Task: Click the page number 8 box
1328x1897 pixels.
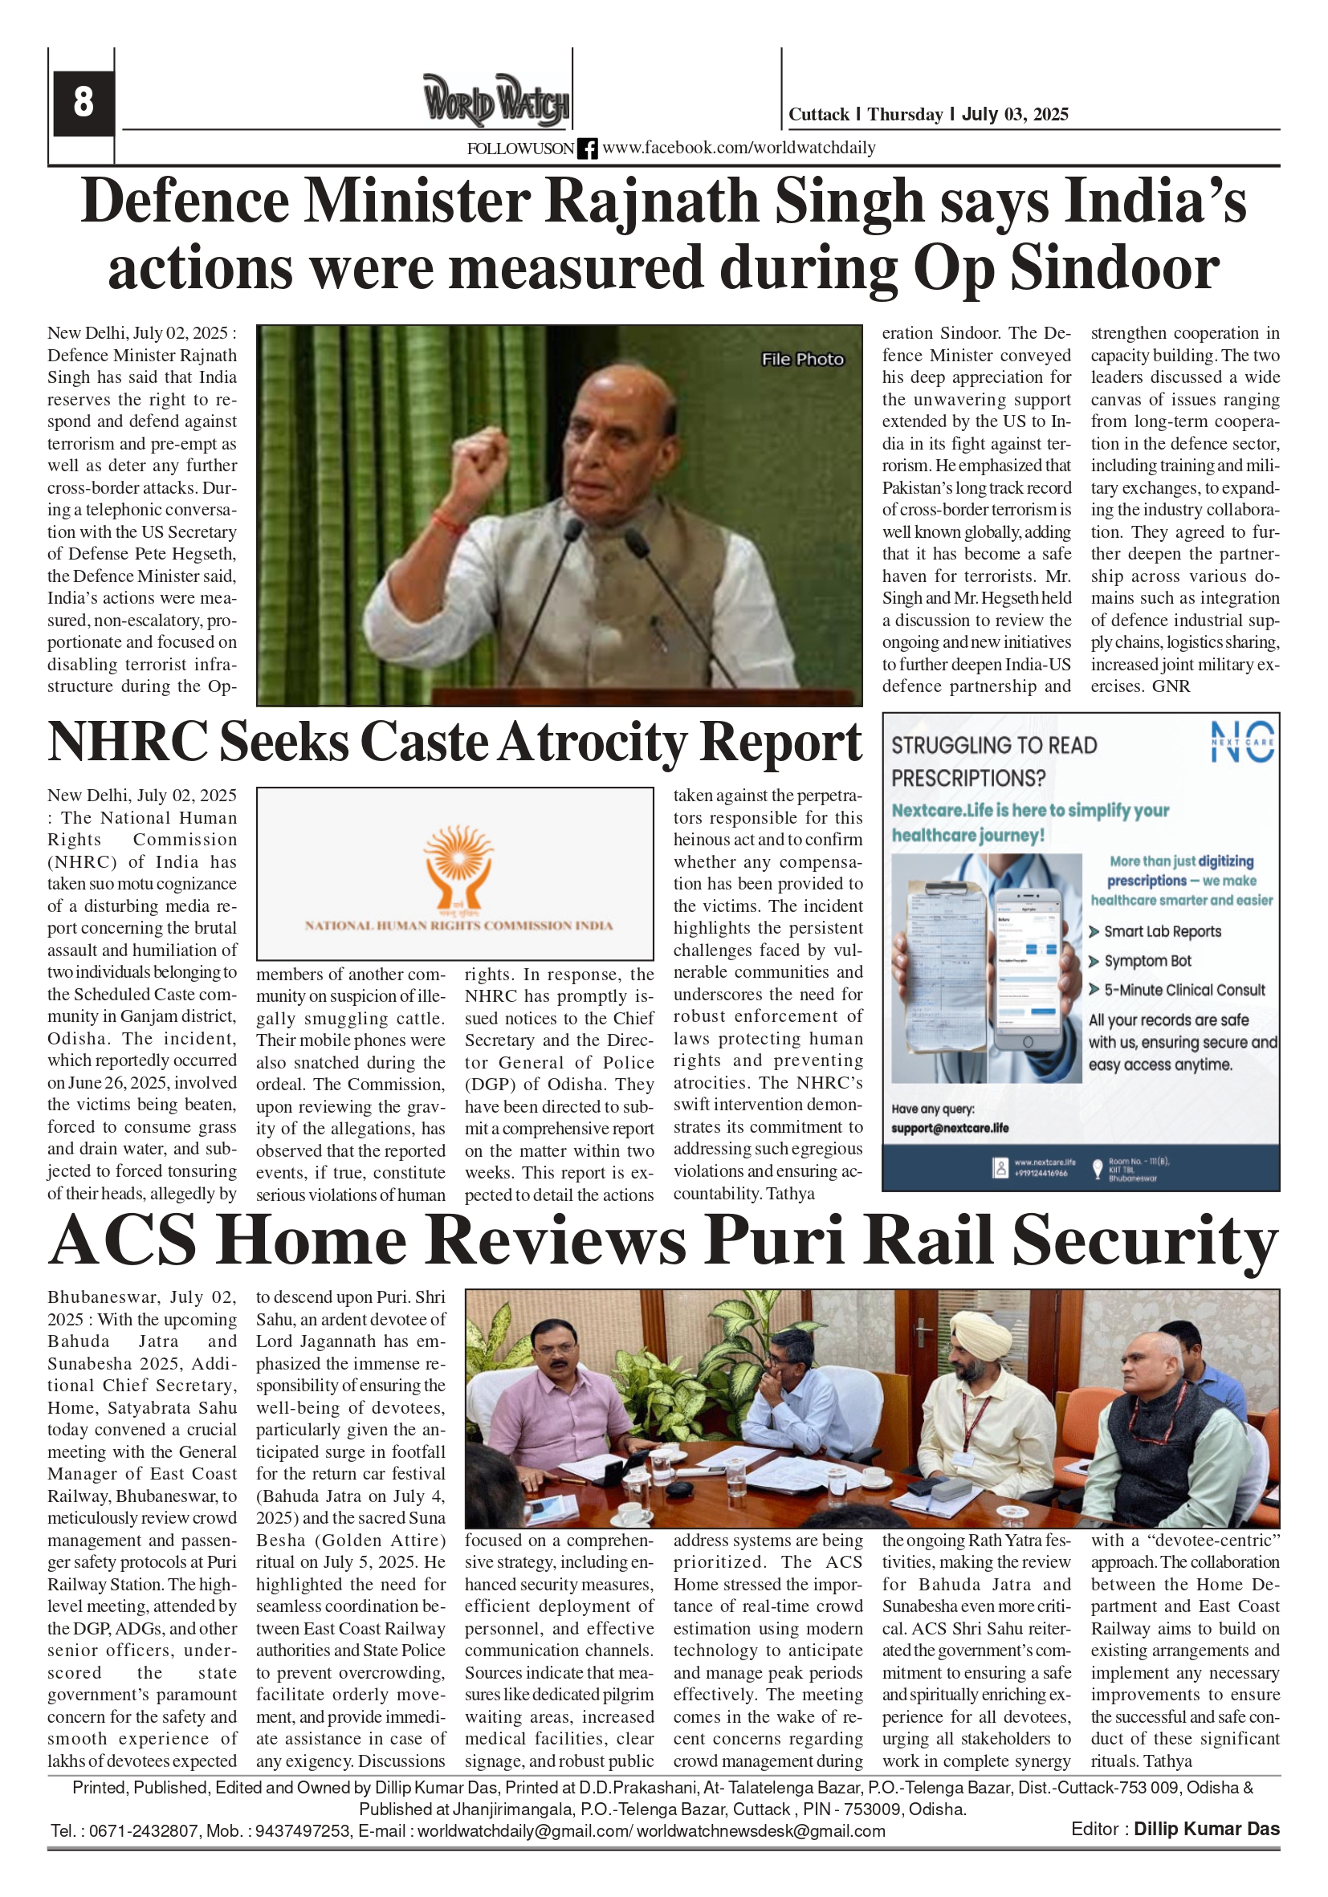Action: click(83, 103)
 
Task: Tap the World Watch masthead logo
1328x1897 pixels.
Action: click(496, 102)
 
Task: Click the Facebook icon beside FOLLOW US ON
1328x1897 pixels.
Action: click(587, 149)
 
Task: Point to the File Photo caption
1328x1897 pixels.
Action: click(801, 360)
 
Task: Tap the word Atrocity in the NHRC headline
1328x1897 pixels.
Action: click(592, 742)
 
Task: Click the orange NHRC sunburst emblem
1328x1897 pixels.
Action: click(457, 862)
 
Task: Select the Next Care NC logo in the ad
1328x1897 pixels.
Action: click(1242, 741)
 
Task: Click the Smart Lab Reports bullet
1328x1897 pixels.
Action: click(1162, 932)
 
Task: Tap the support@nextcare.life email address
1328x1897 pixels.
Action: click(950, 1128)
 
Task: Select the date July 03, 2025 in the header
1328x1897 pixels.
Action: click(1015, 114)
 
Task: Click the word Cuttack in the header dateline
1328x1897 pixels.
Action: click(818, 114)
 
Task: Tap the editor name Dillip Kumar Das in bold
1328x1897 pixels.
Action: click(1206, 1830)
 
